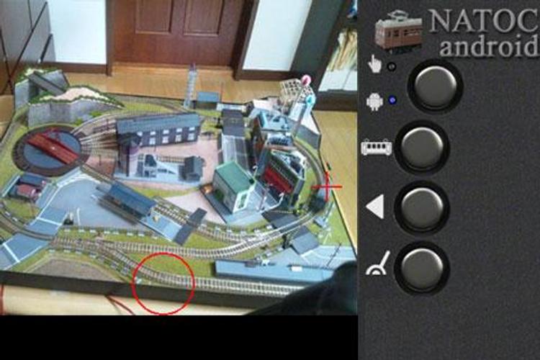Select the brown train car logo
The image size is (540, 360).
398,32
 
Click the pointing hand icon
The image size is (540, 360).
374,64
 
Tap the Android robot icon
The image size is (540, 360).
374,102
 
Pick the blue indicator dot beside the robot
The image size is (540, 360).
392,100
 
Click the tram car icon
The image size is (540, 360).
377,148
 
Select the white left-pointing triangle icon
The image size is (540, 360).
375,207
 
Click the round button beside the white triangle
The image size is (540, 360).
422,207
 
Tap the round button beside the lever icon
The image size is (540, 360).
422,269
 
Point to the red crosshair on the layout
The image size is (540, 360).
327,187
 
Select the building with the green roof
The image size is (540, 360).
234,186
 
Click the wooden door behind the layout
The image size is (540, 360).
180,31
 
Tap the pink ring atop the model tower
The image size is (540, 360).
305,80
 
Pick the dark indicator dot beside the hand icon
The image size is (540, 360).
392,66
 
